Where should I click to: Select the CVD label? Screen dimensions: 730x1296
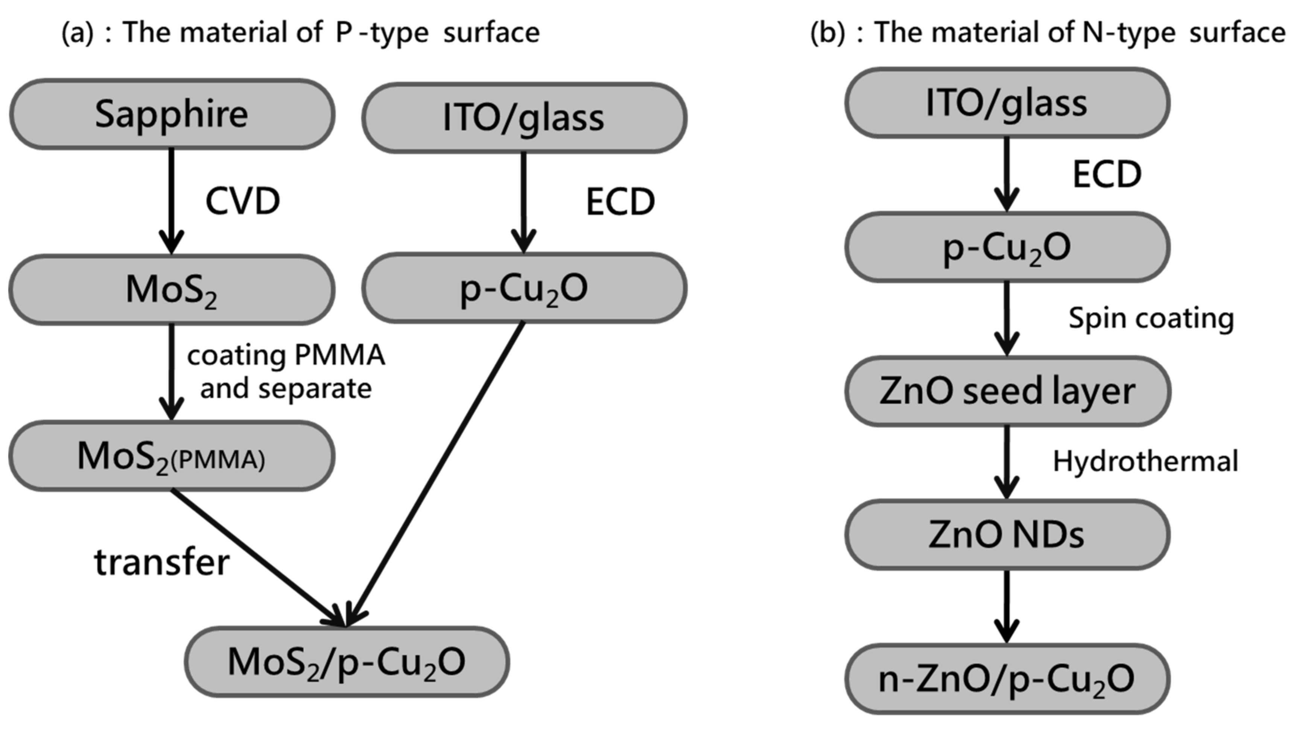tap(242, 201)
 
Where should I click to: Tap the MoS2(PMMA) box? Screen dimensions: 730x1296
tap(172, 456)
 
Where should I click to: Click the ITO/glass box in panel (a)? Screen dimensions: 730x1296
tap(524, 118)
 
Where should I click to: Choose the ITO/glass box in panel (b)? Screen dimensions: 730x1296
tap(1007, 103)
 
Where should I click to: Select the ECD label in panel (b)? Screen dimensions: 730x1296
tap(1107, 175)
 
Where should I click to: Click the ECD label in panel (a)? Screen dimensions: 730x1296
tap(620, 202)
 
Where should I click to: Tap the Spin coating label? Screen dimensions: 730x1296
tap(1151, 318)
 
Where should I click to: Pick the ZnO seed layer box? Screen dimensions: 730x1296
tap(1007, 391)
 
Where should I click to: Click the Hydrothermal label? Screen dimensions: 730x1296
tap(1145, 461)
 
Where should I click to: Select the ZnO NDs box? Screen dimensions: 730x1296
tap(1007, 535)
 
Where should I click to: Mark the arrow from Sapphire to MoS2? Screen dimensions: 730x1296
tap(172, 201)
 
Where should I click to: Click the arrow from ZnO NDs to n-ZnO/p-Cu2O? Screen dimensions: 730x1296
tap(1007, 606)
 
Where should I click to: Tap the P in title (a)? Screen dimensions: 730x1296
tap(344, 32)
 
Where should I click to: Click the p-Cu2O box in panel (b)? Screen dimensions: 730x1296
tap(1007, 247)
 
